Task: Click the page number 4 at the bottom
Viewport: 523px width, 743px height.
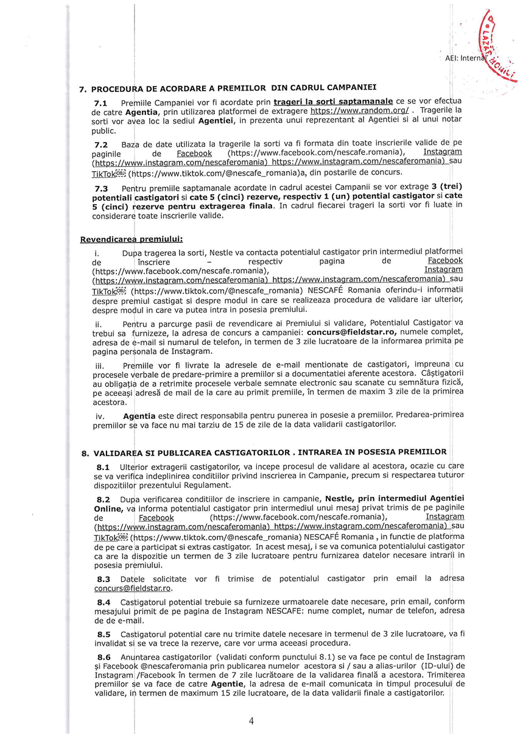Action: pyautogui.click(x=251, y=722)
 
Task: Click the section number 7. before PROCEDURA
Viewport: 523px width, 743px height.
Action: pyautogui.click(x=83, y=90)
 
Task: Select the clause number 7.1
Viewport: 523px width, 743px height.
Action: pyautogui.click(x=100, y=102)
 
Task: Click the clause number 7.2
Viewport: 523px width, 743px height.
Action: pyautogui.click(x=100, y=144)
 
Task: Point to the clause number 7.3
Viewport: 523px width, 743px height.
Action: pyautogui.click(x=100, y=189)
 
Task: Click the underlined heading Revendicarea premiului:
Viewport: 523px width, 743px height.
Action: pyautogui.click(x=132, y=239)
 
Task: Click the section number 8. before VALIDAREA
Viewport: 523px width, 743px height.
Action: pyautogui.click(x=85, y=454)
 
